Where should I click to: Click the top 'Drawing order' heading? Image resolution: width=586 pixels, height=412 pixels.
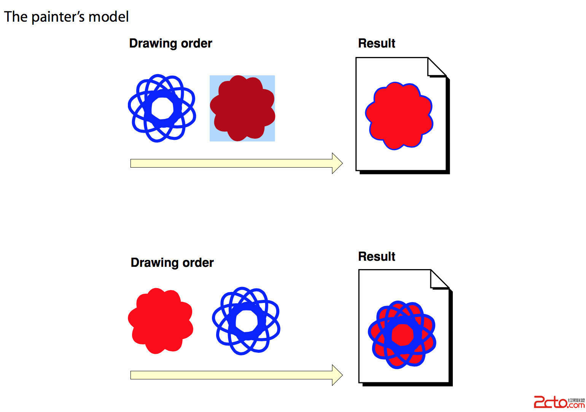coord(170,43)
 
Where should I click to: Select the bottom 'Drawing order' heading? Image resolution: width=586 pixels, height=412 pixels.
coord(172,263)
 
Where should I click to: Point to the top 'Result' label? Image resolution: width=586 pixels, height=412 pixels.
coord(376,43)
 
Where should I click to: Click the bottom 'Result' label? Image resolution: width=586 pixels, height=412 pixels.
coord(376,257)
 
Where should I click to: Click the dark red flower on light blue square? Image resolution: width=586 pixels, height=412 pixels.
coord(242,108)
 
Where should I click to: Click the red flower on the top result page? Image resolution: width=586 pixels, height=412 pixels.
coord(399,116)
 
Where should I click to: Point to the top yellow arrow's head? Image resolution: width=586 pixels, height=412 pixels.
coord(337,163)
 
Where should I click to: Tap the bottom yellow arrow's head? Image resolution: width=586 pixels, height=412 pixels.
coord(337,375)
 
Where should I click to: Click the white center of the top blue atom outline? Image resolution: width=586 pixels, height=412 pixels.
coord(162,108)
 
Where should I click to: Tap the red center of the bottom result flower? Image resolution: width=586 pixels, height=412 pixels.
coord(402,335)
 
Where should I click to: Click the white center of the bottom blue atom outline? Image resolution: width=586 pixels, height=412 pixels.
coord(246,321)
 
